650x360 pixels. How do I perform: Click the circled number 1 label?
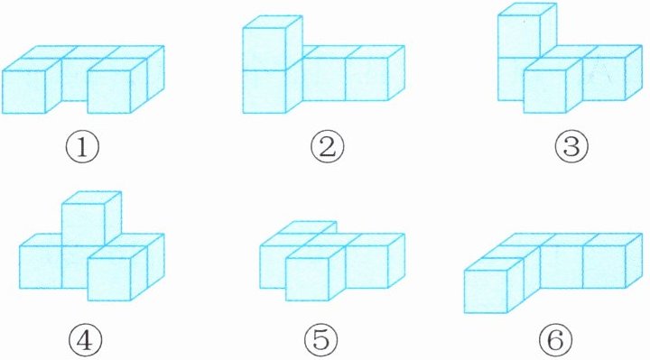[82, 148]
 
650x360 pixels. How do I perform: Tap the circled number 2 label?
[328, 148]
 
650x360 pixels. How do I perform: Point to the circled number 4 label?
[85, 340]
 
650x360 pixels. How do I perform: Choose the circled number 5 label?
[320, 340]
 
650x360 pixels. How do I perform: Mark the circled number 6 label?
[556, 340]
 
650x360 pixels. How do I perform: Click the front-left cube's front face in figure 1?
[23, 91]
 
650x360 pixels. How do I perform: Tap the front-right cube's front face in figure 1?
[109, 91]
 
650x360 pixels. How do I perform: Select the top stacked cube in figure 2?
[273, 43]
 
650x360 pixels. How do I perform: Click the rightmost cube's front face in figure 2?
[367, 79]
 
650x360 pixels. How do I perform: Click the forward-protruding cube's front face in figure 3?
[544, 91]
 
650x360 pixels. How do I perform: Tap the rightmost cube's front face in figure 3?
[604, 79]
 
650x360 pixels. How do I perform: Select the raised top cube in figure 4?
[91, 218]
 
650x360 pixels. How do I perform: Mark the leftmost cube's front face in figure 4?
[41, 267]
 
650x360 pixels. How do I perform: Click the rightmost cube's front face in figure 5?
[367, 267]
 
